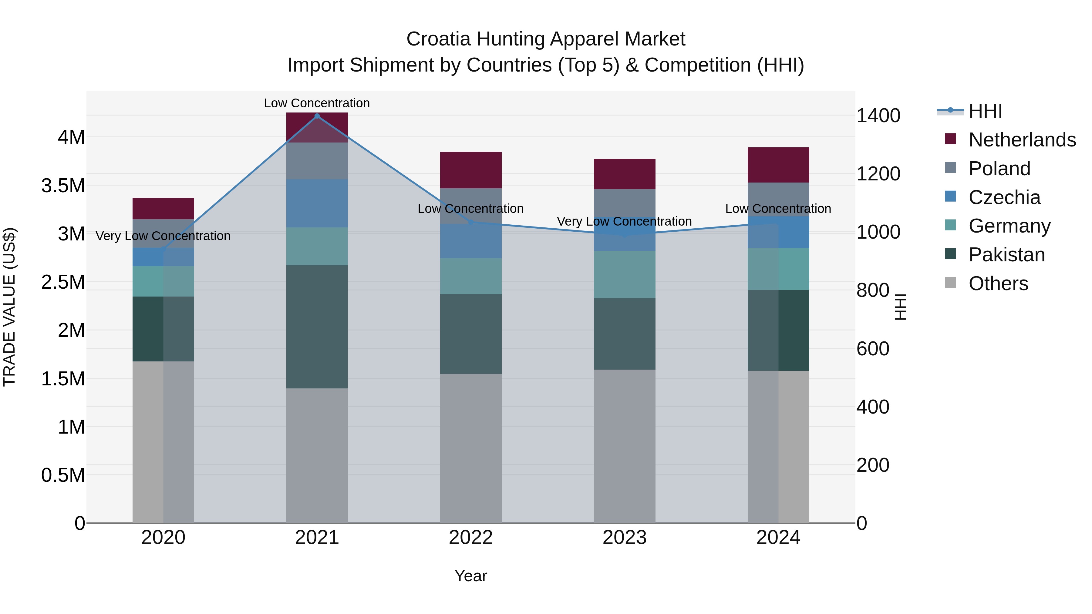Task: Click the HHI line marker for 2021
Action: (x=317, y=116)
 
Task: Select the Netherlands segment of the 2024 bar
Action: (x=778, y=165)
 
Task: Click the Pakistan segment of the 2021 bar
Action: (x=317, y=327)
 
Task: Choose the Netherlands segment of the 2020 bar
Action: (x=163, y=209)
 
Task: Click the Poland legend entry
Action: (x=999, y=169)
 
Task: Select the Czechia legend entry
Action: (x=1004, y=197)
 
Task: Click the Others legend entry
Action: (x=998, y=284)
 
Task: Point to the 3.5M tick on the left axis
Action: (x=63, y=186)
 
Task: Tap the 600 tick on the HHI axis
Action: (x=872, y=349)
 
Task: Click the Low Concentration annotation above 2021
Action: (x=317, y=103)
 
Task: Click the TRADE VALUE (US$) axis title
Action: (x=9, y=307)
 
